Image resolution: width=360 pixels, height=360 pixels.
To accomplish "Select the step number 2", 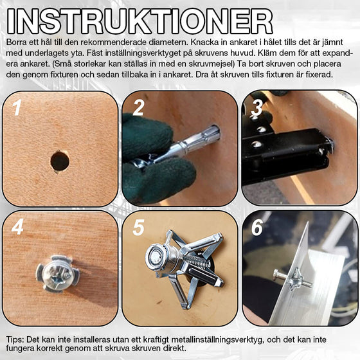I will pos(138,108).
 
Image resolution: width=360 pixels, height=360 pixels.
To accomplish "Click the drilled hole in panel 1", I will pos(60,161).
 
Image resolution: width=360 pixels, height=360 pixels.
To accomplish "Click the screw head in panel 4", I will pos(57,273).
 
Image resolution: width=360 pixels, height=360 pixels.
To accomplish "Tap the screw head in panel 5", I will pos(156,257).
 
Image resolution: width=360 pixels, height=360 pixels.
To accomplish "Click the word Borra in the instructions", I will pos(17,41).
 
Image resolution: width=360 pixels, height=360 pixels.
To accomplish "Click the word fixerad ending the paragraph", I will pos(317,75).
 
